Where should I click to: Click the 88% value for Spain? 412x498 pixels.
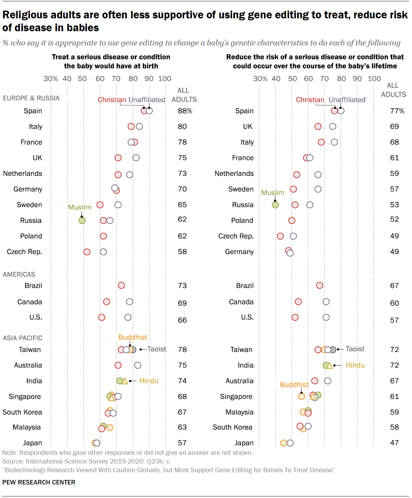coord(185,111)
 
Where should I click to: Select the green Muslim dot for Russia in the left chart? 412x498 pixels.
coord(82,220)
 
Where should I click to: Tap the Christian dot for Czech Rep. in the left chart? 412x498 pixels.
coord(87,252)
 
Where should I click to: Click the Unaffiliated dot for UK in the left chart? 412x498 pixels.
coord(136,158)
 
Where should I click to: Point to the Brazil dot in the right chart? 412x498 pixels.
coord(320,285)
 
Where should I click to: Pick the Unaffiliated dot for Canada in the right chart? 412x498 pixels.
coord(326,302)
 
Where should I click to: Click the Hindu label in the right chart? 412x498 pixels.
coord(355,365)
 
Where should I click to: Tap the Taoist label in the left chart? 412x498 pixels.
coord(157,349)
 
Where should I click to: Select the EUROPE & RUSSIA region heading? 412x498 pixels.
coord(31,98)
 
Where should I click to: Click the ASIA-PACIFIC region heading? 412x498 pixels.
coord(23,338)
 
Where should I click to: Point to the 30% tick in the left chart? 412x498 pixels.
coord(51,79)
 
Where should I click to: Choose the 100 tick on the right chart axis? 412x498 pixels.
coord(374,79)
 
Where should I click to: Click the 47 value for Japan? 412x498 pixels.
coord(394,443)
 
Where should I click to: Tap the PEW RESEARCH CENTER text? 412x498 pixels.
coord(39,482)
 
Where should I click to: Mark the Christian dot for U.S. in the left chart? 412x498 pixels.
coord(102,317)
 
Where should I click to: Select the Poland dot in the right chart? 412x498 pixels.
coord(292,220)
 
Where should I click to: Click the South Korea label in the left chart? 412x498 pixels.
coord(22,412)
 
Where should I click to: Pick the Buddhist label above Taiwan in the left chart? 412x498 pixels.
coord(133,337)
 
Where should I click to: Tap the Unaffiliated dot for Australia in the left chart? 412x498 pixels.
coord(138,365)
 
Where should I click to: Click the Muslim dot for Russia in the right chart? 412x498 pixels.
coord(275,205)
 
